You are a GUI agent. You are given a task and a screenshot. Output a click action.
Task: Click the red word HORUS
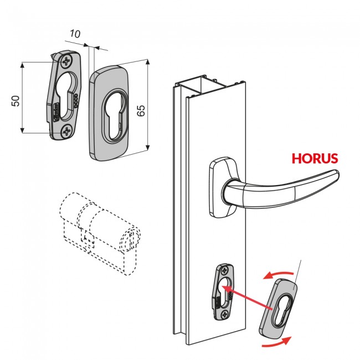pos(315,158)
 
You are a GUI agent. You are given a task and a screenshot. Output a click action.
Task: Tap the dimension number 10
pos(75,34)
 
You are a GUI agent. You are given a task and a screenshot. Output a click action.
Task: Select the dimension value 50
pos(16,100)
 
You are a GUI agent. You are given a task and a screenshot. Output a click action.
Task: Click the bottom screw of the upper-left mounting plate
pos(67,131)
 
